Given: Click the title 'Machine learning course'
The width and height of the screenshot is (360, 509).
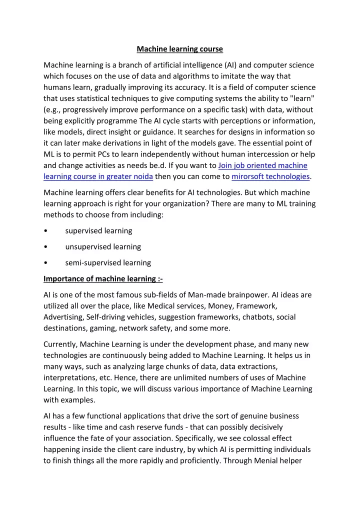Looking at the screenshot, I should (x=180, y=49).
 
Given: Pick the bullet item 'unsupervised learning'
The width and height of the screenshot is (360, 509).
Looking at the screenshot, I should (x=103, y=246).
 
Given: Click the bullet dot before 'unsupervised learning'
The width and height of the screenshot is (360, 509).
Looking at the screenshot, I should (x=46, y=246).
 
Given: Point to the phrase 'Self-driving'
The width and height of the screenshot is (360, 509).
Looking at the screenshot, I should (x=106, y=317).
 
